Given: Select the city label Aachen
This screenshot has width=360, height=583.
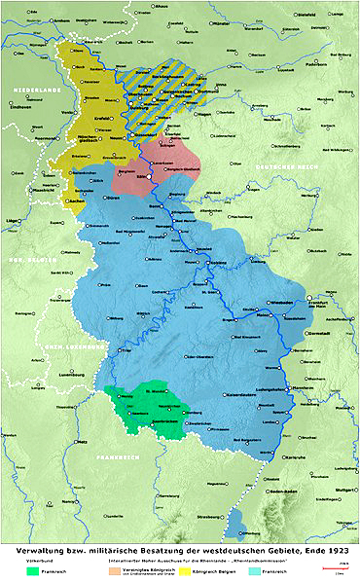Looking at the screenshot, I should (x=74, y=199).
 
